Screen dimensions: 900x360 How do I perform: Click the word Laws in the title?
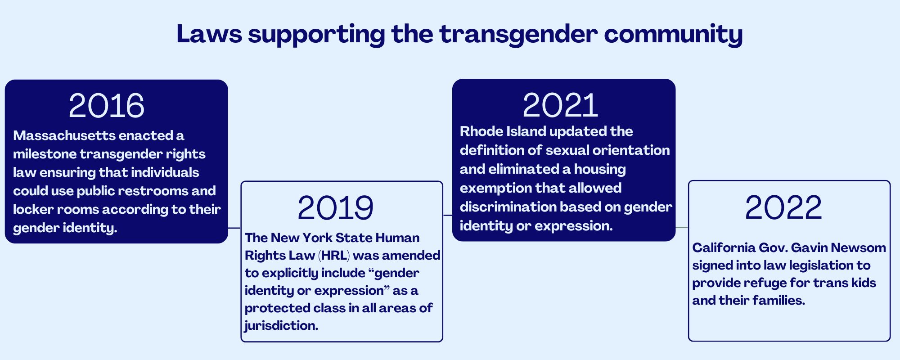tap(209, 34)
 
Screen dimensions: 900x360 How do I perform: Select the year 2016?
tap(107, 106)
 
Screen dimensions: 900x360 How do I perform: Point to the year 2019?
tap(335, 208)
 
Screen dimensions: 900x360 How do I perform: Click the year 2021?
tap(561, 105)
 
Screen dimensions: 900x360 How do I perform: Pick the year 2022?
tap(783, 207)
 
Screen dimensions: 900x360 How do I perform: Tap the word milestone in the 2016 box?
tap(45, 154)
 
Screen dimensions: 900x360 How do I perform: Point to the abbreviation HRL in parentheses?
tap(334, 256)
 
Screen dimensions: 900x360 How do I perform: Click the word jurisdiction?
tap(281, 326)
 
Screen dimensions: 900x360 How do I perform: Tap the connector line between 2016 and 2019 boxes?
tap(234, 228)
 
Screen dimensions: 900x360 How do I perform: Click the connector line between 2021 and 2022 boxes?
tap(682, 228)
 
